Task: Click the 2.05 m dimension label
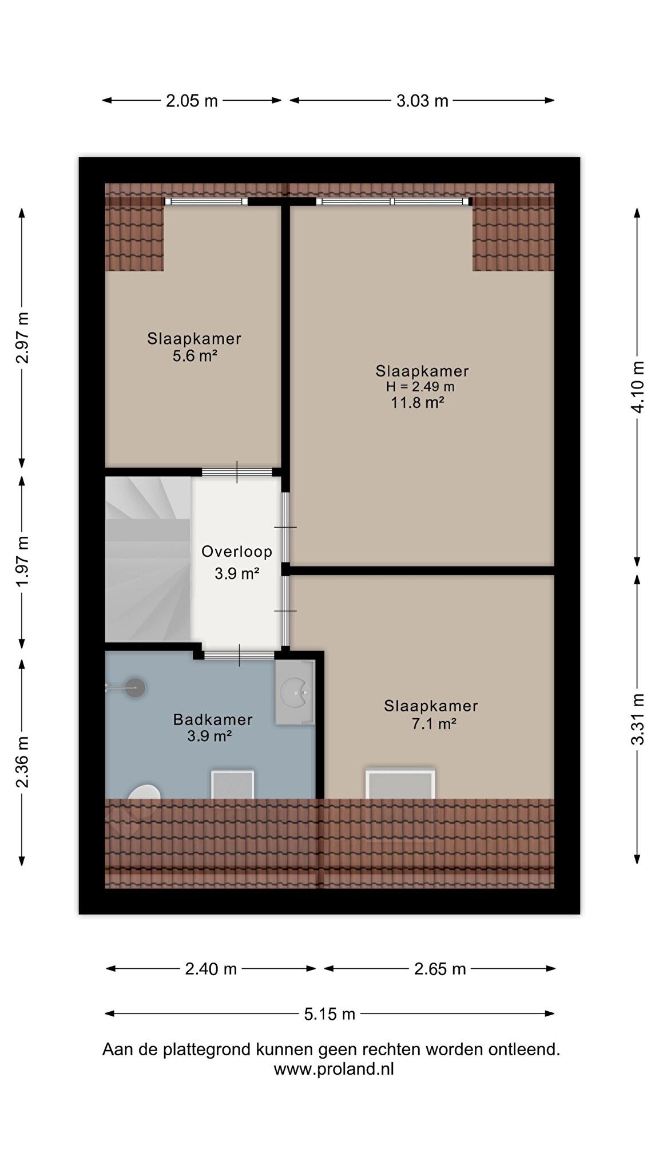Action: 192,101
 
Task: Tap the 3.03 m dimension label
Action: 422,101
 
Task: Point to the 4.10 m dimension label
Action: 637,386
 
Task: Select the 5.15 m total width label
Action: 329,1014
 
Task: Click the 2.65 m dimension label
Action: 440,969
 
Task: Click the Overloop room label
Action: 237,552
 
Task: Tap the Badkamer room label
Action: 213,719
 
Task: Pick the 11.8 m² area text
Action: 418,402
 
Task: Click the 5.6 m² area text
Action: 195,356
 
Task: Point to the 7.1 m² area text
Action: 434,724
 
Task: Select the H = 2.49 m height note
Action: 420,386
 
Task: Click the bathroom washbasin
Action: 295,692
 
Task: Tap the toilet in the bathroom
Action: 144,792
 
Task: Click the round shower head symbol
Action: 136,688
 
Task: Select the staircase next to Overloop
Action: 148,559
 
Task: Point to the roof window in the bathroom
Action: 233,785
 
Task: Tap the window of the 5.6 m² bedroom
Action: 206,201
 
